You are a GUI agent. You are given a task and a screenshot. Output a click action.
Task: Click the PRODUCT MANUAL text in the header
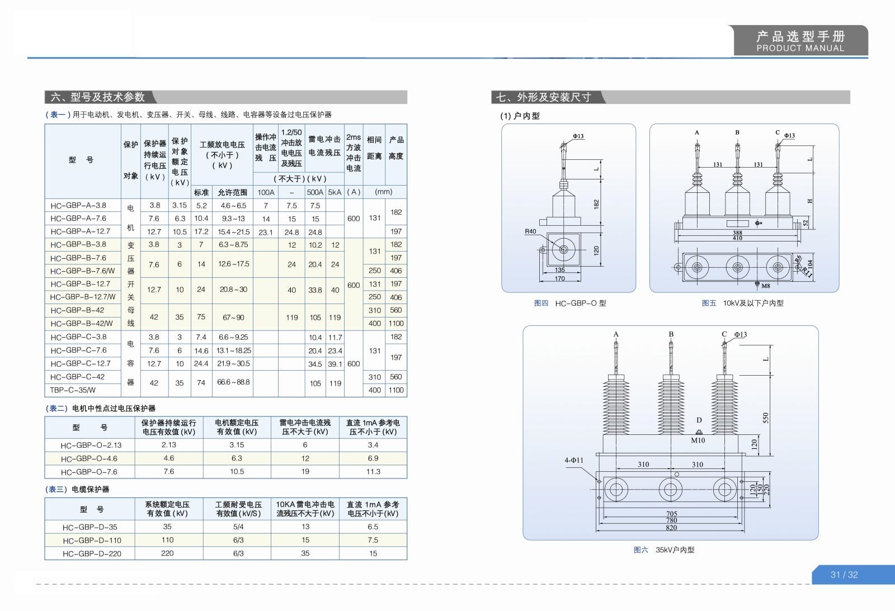(x=800, y=48)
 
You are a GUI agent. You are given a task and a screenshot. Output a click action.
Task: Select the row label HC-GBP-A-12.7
(x=80, y=231)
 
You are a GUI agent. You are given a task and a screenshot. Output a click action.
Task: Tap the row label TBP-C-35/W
(x=73, y=390)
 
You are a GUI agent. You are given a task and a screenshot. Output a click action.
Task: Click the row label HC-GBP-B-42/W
(x=82, y=324)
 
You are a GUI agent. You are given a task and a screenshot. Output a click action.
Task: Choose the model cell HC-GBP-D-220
(x=92, y=554)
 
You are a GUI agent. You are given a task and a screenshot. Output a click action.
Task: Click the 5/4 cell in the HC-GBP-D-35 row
(x=238, y=527)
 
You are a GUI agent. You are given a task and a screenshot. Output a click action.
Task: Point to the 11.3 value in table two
(x=373, y=472)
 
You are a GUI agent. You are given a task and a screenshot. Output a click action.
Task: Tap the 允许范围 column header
(x=233, y=192)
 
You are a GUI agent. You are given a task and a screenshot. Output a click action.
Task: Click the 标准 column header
(x=201, y=192)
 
